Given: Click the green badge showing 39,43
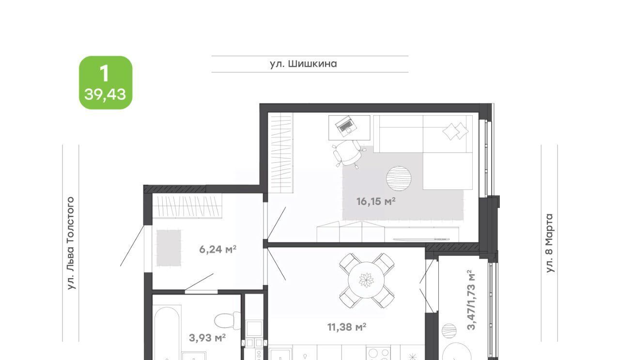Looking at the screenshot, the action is [x=106, y=82].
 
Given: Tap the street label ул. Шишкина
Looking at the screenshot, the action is [x=303, y=64].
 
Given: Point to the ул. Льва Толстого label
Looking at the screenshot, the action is [x=71, y=243].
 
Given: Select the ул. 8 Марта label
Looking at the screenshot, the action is [x=549, y=243].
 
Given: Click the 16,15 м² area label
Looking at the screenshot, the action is [x=376, y=202].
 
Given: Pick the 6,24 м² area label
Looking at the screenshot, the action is [x=218, y=249].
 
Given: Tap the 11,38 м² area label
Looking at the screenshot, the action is [x=347, y=327].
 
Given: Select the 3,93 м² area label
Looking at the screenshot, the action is [x=207, y=338].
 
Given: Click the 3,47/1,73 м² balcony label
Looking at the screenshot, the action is [x=471, y=299].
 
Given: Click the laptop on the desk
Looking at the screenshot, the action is [x=346, y=126].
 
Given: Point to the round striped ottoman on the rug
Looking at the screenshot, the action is [x=399, y=178].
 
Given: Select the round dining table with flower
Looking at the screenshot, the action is [x=366, y=280].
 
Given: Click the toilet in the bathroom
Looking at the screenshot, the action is [x=228, y=321].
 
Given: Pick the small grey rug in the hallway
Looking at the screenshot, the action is [x=169, y=248].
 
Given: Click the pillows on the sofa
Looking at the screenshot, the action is [x=456, y=131].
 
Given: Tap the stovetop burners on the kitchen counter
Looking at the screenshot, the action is [x=378, y=354].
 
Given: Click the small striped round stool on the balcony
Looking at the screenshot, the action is [x=449, y=330].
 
